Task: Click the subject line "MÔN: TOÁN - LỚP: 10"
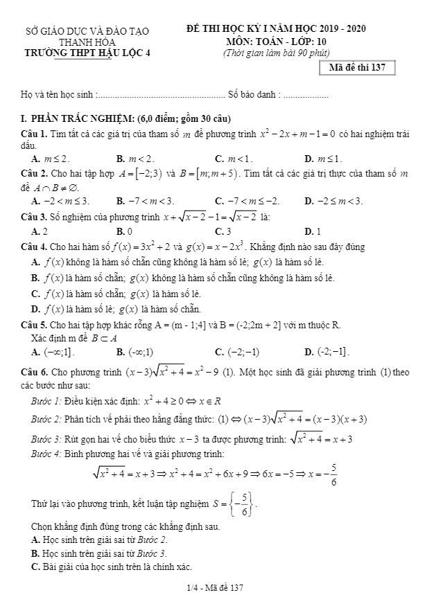pyautogui.click(x=277, y=41)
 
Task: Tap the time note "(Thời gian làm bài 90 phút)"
pyautogui.click(x=276, y=52)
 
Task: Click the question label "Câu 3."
pyautogui.click(x=34, y=217)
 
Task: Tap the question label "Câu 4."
pyautogui.click(x=34, y=247)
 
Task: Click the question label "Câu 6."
pyautogui.click(x=34, y=372)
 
